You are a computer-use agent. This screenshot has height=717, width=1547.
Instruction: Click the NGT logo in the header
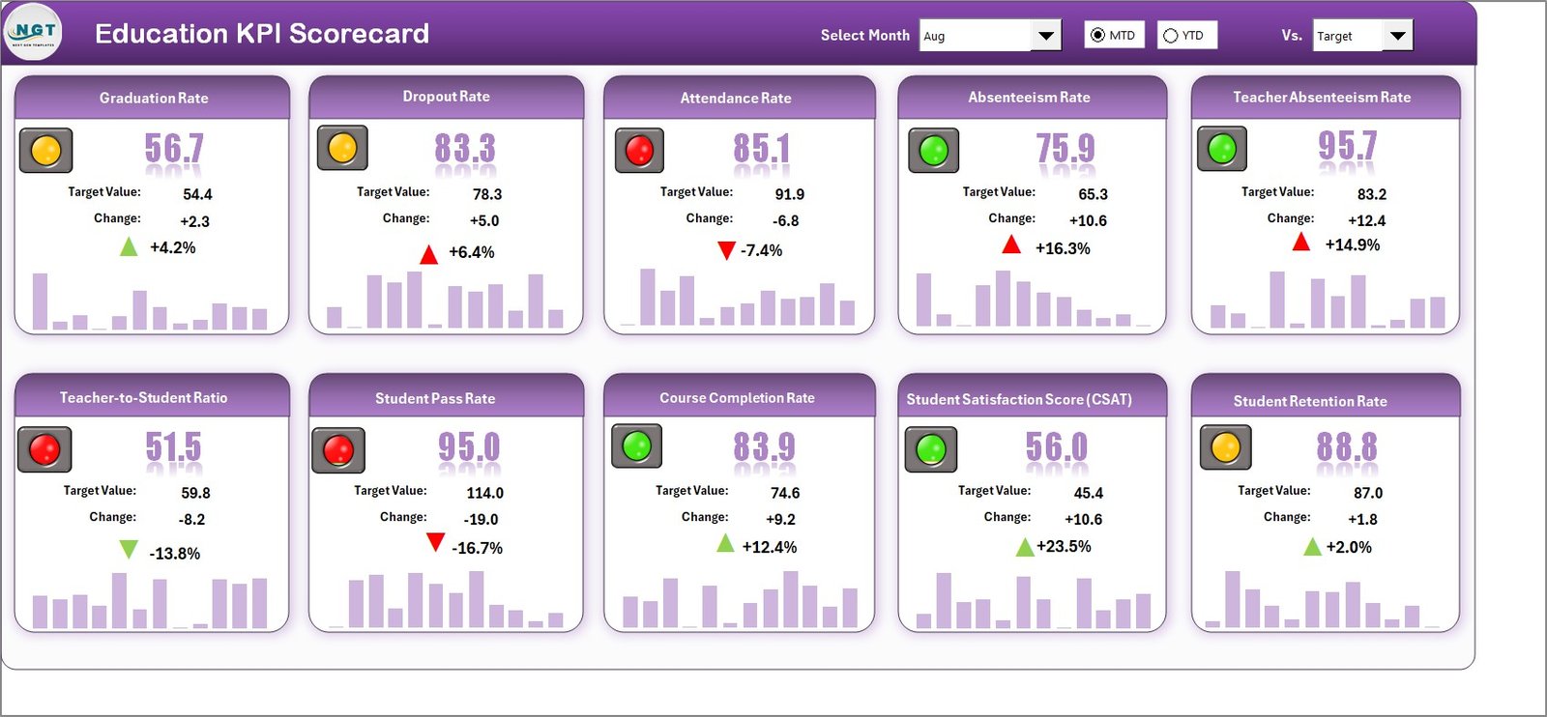click(x=33, y=32)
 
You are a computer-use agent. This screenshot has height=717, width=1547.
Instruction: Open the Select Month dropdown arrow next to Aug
click(x=1045, y=36)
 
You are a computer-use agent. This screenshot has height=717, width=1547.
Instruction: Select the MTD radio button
click(x=1097, y=36)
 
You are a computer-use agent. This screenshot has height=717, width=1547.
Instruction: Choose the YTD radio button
click(x=1171, y=36)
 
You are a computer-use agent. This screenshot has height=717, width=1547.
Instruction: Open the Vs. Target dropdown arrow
click(x=1397, y=36)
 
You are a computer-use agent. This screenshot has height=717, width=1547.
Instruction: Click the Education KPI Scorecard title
click(x=261, y=34)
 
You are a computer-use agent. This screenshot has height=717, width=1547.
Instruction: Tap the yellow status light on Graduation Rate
click(x=45, y=151)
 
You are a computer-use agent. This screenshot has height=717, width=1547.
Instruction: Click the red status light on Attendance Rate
click(x=639, y=151)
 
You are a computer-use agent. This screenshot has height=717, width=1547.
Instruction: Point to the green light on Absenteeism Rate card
click(x=933, y=151)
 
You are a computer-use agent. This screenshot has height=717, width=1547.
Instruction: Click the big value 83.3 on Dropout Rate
click(x=464, y=149)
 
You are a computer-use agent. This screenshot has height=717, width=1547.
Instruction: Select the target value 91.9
click(x=789, y=194)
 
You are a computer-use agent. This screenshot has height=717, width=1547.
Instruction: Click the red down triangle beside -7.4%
click(x=726, y=251)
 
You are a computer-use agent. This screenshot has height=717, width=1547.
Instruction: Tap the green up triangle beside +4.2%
click(x=129, y=246)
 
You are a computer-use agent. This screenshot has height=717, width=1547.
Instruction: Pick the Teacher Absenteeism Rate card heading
click(x=1321, y=98)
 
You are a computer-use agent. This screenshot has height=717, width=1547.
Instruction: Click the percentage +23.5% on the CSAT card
click(x=1064, y=547)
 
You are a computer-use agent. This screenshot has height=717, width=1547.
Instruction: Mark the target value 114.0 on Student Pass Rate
click(x=484, y=493)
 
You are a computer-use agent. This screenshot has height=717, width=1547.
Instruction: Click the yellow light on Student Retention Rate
click(x=1225, y=447)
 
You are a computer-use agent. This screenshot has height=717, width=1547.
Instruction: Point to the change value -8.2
click(x=191, y=520)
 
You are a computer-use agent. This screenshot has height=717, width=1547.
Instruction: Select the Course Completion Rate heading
click(x=737, y=398)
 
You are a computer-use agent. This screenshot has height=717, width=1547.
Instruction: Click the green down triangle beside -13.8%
click(x=129, y=550)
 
